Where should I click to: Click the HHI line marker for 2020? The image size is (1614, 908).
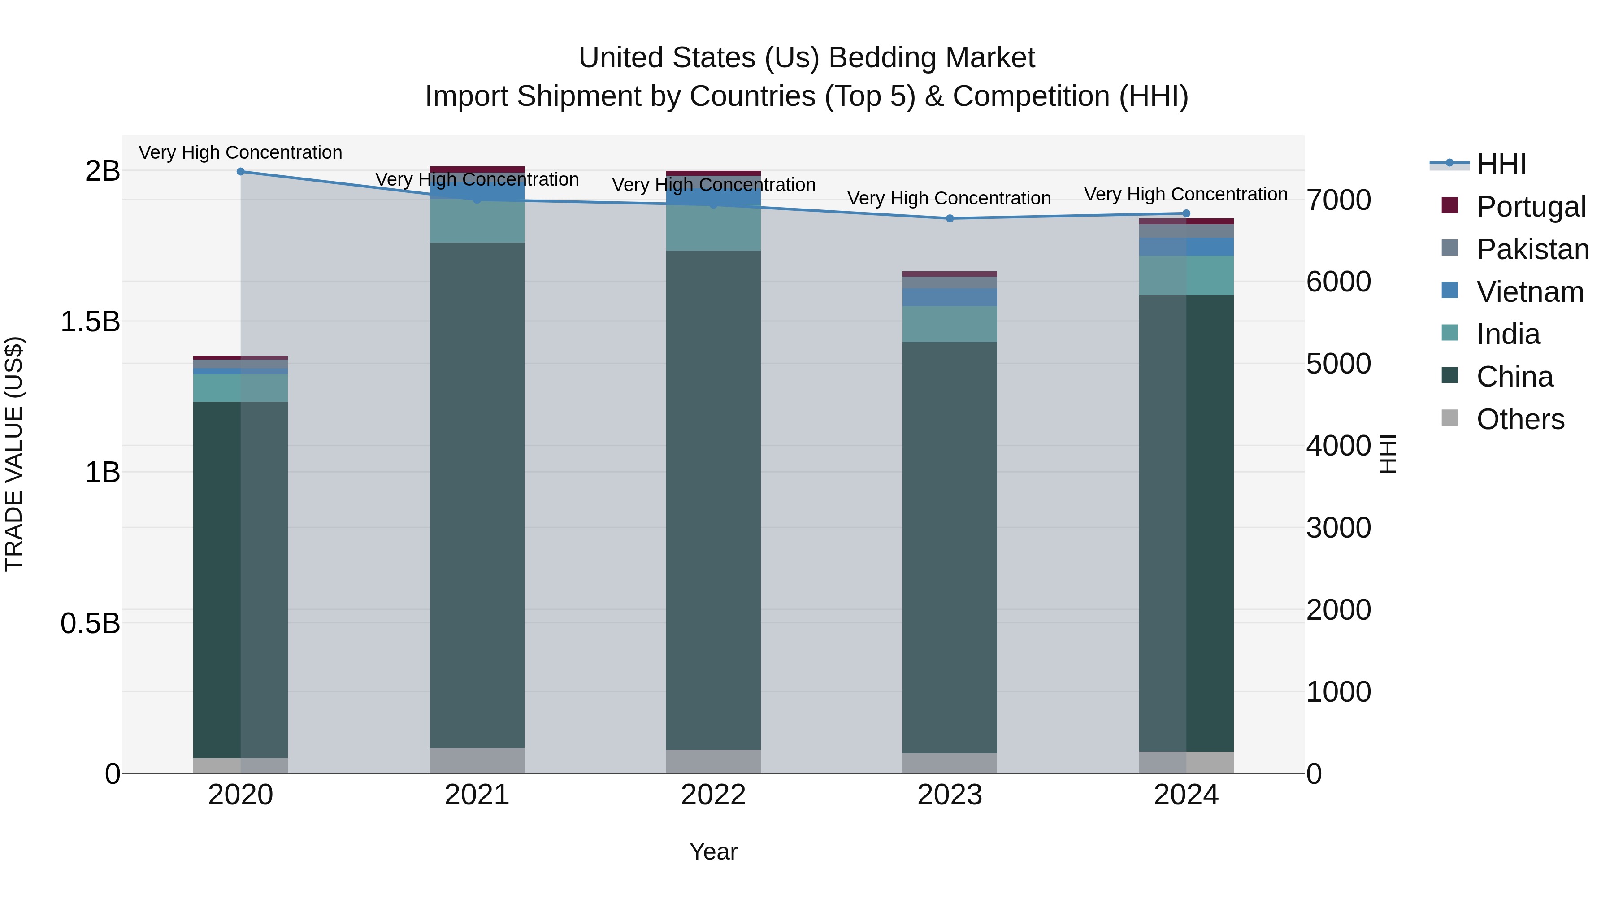tap(241, 171)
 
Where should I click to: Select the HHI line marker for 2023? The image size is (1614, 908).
tap(949, 218)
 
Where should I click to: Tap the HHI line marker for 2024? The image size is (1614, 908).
tap(1185, 213)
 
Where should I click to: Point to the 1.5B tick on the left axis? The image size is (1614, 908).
tap(90, 321)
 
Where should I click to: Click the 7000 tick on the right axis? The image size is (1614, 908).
tap(1338, 200)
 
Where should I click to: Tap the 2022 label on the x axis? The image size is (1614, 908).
tap(713, 795)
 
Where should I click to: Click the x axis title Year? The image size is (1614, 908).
tap(713, 852)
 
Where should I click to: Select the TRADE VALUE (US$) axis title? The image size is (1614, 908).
tap(14, 454)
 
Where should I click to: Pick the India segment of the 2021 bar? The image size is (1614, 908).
tap(477, 221)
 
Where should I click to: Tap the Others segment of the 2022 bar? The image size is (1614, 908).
tap(713, 761)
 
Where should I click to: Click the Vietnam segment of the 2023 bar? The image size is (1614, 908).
tap(949, 297)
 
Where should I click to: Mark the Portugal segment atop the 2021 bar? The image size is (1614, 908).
tap(477, 169)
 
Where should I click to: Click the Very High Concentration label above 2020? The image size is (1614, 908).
tap(241, 152)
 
